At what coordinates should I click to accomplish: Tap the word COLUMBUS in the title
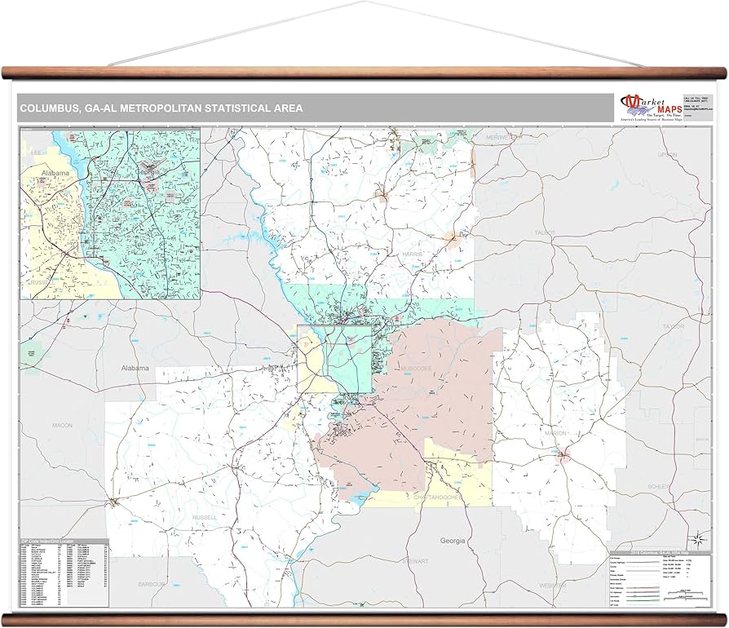click(x=51, y=108)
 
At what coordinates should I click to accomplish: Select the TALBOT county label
click(x=545, y=233)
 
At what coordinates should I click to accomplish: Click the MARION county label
click(x=556, y=432)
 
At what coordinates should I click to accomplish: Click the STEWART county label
click(x=417, y=561)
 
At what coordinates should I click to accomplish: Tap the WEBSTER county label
click(x=552, y=586)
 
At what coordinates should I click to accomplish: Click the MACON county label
click(x=62, y=425)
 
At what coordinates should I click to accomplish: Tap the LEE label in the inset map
click(x=35, y=153)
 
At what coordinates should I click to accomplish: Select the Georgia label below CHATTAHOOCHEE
click(x=452, y=540)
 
